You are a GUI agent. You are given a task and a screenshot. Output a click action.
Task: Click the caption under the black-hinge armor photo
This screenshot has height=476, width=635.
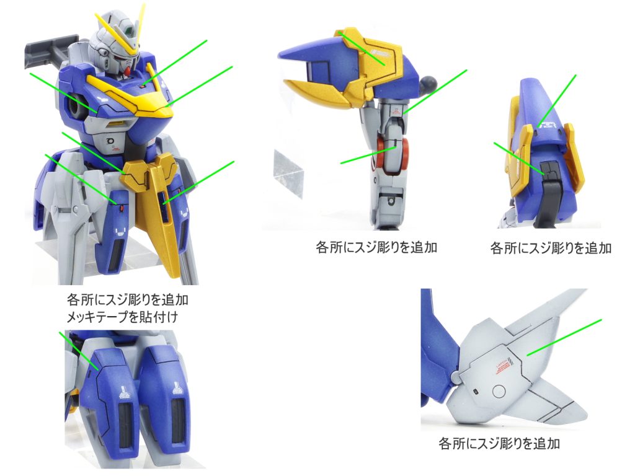pos(550,249)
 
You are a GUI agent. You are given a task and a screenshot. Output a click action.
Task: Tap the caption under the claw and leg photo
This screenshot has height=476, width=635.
pos(376,247)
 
